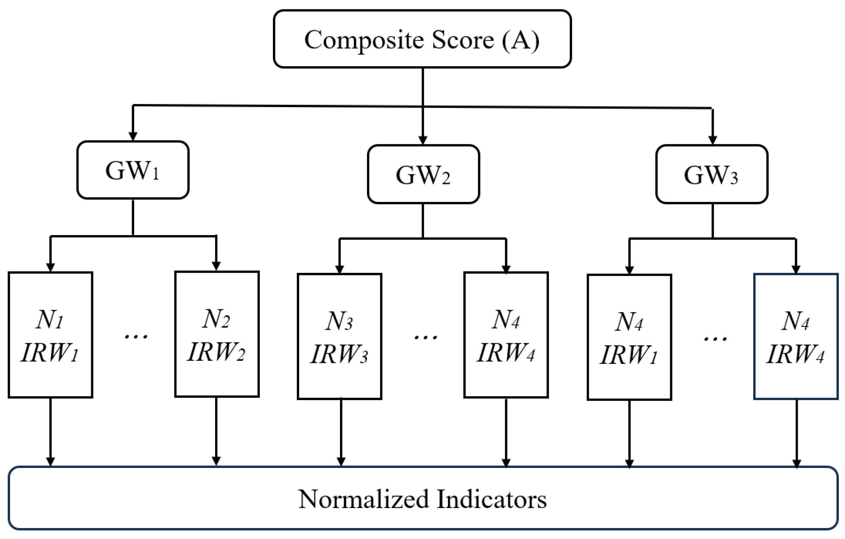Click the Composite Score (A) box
(422, 39)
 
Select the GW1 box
(133, 170)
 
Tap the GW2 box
(423, 175)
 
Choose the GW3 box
(712, 175)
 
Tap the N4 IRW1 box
(629, 337)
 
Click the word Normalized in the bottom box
(363, 499)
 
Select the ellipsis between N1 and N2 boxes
(136, 337)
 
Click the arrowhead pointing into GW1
(133, 136)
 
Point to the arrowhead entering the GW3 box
(712, 140)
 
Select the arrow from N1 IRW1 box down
(51, 432)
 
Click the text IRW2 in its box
(216, 352)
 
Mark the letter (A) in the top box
(521, 40)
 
